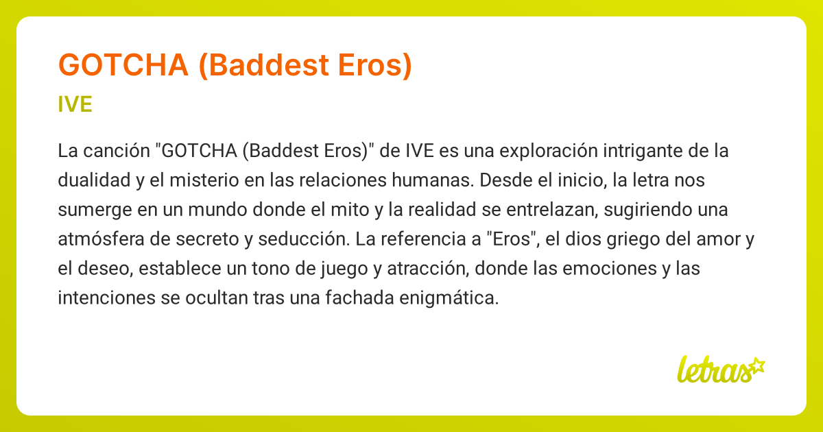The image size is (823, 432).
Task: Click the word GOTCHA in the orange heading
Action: pyautogui.click(x=123, y=65)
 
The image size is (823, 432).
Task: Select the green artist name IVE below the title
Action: pyautogui.click(x=75, y=104)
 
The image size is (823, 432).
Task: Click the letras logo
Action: pyautogui.click(x=721, y=370)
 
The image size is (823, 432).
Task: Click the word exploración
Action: pyautogui.click(x=549, y=151)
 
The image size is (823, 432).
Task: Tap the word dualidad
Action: pyautogui.click(x=94, y=180)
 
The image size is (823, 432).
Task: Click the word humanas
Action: pyautogui.click(x=433, y=180)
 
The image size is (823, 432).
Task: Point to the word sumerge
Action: pyautogui.click(x=95, y=210)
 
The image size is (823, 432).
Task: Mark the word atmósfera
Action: pyautogui.click(x=101, y=239)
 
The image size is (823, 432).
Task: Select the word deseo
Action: pyautogui.click(x=106, y=269)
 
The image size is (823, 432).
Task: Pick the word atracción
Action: pyautogui.click(x=429, y=269)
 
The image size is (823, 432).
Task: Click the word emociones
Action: pyautogui.click(x=610, y=269)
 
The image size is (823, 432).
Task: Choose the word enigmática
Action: pyautogui.click(x=449, y=298)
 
